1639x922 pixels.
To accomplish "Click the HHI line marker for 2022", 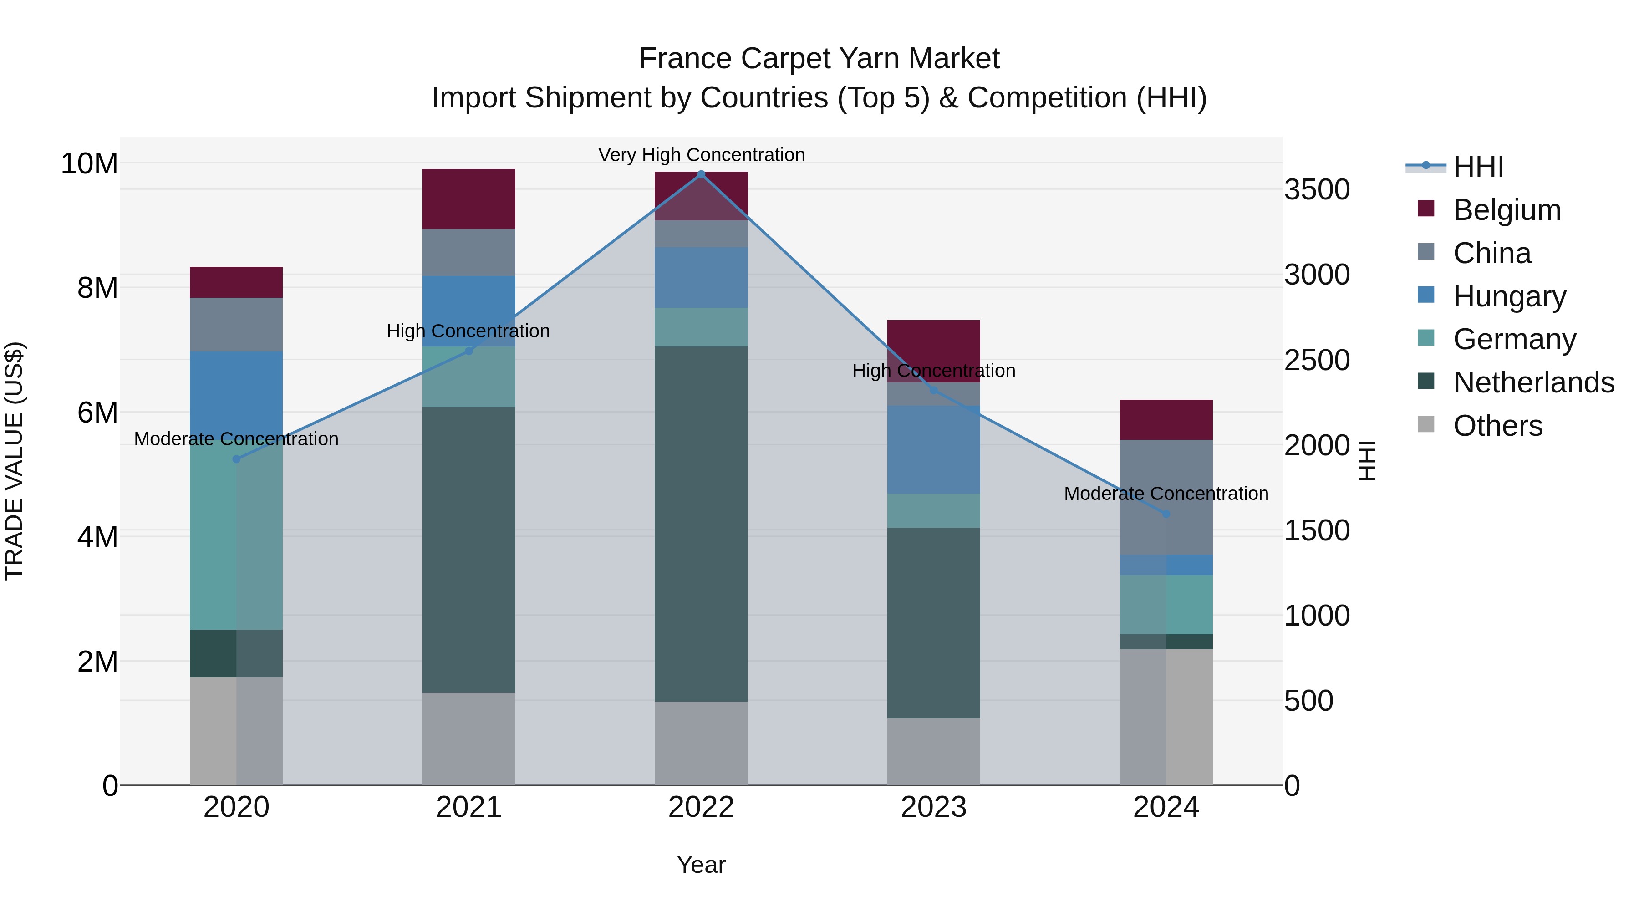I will (701, 174).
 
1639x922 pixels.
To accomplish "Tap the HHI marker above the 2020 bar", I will (236, 459).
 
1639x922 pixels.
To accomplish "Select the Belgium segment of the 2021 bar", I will (468, 199).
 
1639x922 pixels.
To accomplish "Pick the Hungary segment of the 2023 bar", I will (933, 449).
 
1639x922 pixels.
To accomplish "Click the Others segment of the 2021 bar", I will (468, 738).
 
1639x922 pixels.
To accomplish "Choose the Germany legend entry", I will (1514, 339).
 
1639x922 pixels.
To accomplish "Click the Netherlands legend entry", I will (1533, 382).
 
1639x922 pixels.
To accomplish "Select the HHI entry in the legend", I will (1478, 167).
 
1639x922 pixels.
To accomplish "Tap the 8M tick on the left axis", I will (97, 288).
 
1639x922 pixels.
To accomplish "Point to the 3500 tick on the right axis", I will (1316, 189).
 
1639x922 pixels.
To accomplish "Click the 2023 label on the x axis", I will (933, 807).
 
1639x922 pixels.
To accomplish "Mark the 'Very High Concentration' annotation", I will (701, 155).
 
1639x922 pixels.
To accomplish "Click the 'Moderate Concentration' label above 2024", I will (1166, 493).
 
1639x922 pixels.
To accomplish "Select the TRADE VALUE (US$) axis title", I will (14, 461).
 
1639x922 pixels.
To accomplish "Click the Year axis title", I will (701, 865).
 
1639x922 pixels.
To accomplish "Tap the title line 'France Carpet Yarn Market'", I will (819, 59).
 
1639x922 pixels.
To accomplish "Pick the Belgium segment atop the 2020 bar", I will (236, 282).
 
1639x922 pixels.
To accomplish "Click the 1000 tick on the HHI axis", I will (1316, 615).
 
